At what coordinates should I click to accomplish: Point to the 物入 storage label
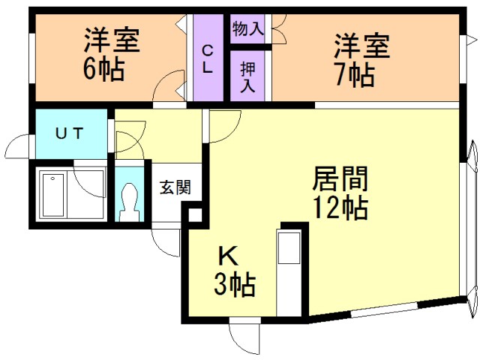[247, 30]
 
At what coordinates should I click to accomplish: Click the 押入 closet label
[247, 75]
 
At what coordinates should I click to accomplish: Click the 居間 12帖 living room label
[340, 193]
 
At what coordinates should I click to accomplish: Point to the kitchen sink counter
[289, 270]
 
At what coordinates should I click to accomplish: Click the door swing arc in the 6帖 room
[171, 86]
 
